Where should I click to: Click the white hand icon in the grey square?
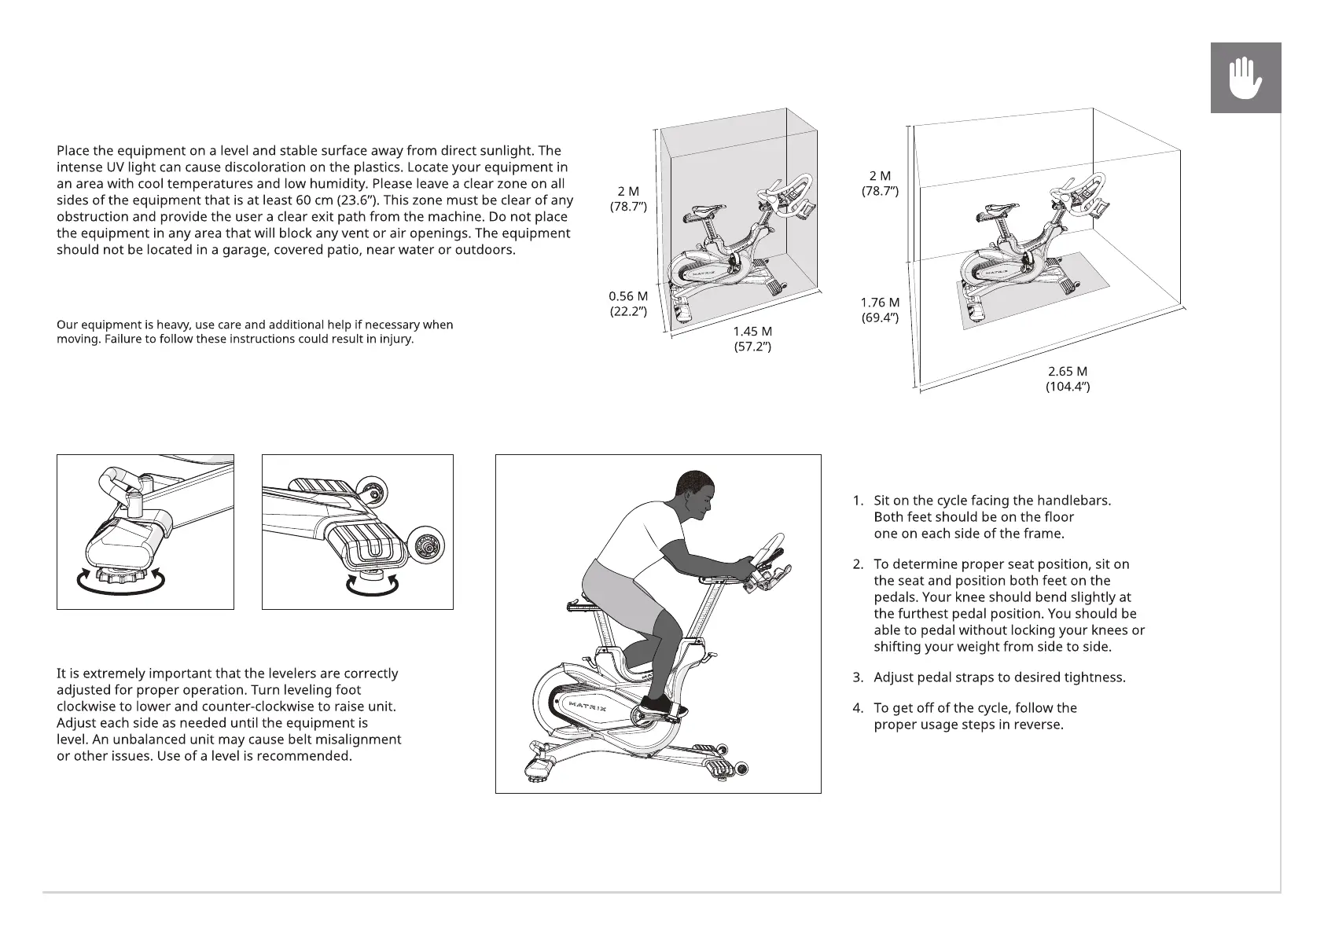coord(1245,79)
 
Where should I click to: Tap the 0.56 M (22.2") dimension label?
coord(628,303)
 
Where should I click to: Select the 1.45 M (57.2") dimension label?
coord(752,339)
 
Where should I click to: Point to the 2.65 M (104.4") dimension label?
coord(1067,379)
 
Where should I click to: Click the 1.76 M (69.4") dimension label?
coord(880,310)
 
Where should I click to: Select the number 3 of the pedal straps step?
coord(858,677)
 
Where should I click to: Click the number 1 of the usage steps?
coord(858,501)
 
